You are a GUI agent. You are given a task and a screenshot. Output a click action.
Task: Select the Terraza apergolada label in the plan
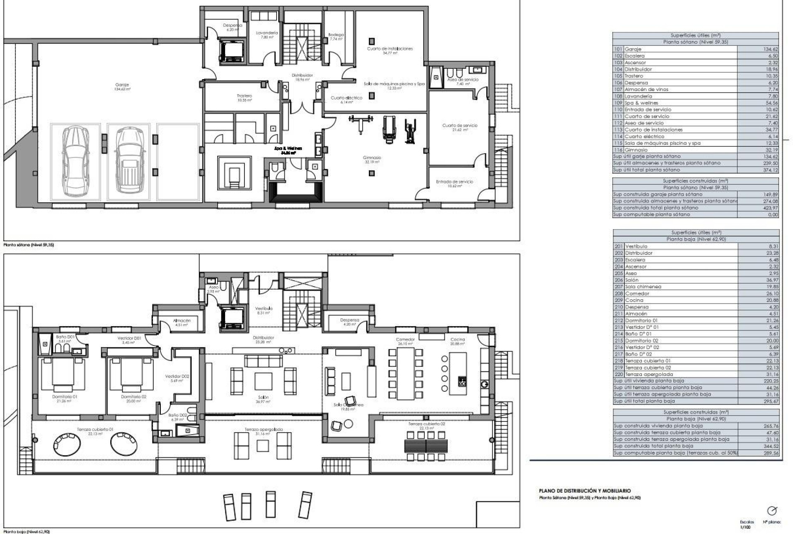click(x=264, y=429)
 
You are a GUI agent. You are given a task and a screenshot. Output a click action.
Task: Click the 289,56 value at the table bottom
click(x=771, y=453)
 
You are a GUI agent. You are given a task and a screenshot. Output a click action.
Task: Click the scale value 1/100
click(x=747, y=528)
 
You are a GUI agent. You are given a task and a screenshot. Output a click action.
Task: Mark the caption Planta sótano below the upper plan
click(x=28, y=245)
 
